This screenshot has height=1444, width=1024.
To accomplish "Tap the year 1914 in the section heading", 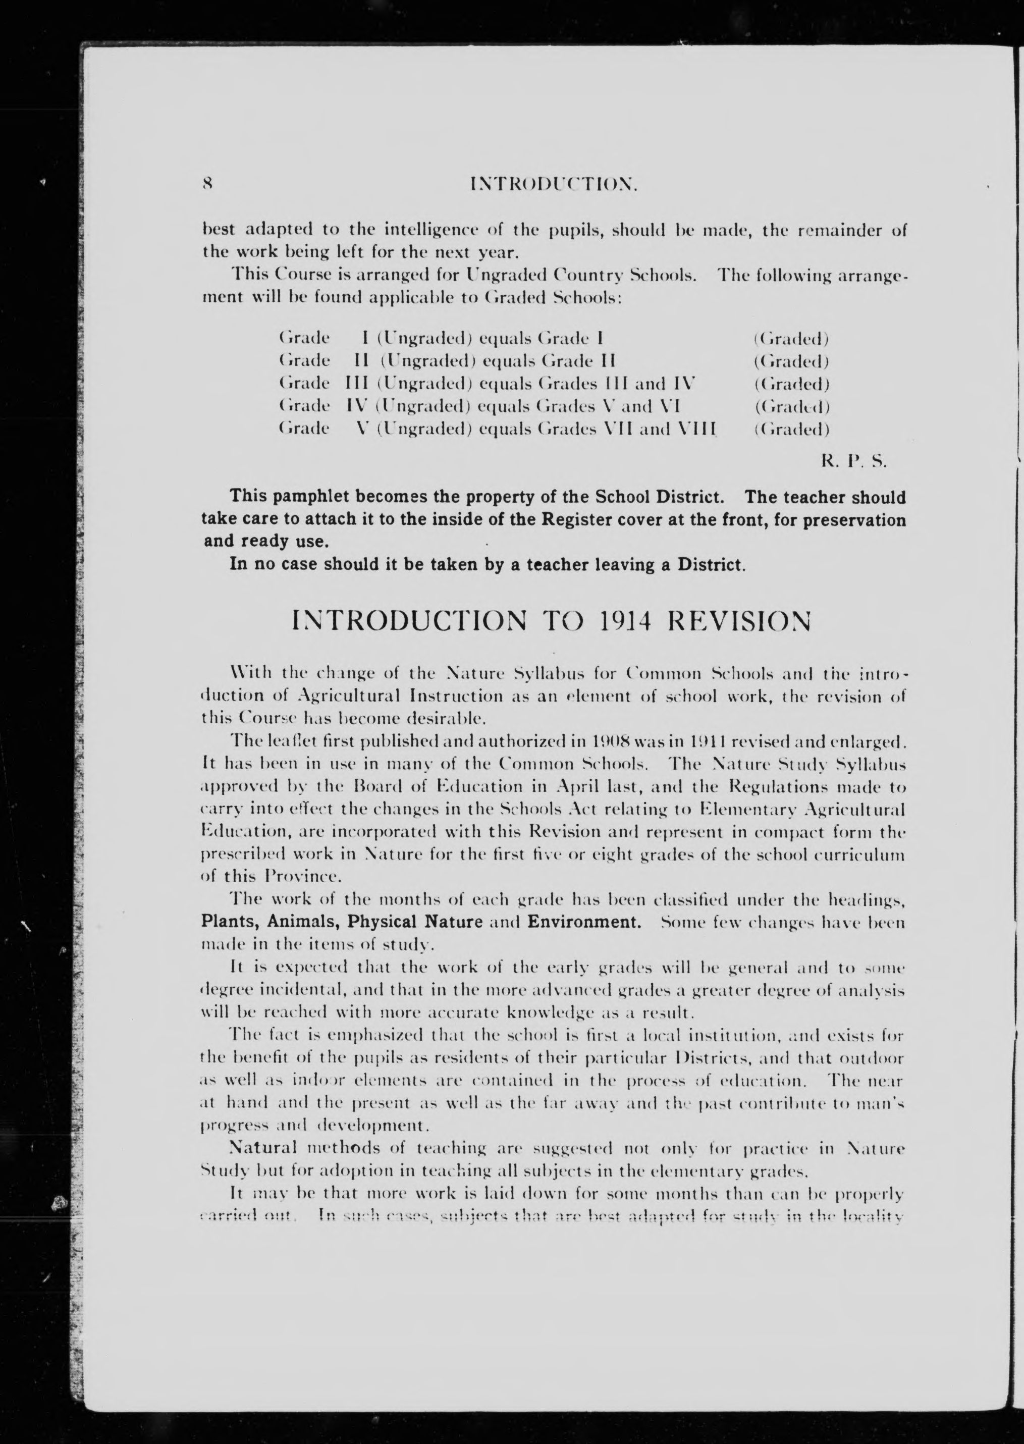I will click(617, 622).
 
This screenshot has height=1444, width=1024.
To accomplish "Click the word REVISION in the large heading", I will click(739, 622).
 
